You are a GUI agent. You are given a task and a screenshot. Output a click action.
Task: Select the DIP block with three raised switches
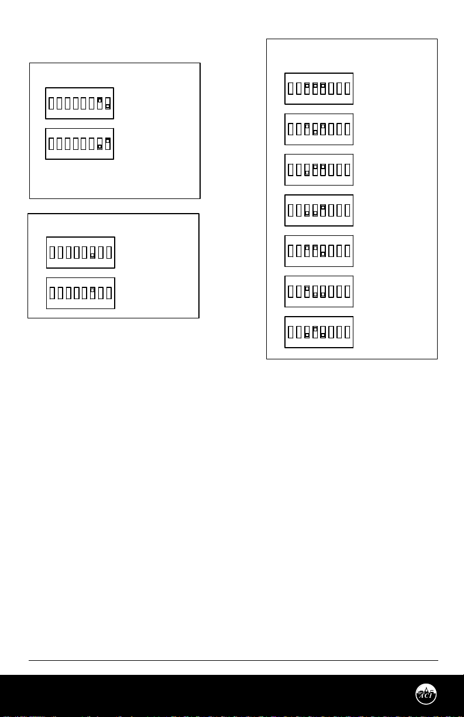pos(319,88)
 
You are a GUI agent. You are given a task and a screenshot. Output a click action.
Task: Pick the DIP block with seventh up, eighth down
pos(80,104)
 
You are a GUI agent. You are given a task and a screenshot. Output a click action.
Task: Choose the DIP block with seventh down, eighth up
pos(80,144)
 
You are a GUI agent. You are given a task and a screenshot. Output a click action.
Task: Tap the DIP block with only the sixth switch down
pos(81,252)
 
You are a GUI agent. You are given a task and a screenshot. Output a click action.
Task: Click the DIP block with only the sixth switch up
pos(81,293)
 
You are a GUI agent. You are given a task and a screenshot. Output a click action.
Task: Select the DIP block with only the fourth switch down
pos(319,129)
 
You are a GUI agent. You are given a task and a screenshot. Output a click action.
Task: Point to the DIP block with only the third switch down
pos(319,170)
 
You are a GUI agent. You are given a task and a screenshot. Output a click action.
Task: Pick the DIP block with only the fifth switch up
pos(319,210)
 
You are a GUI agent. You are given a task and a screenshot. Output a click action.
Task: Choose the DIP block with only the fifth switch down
pos(319,251)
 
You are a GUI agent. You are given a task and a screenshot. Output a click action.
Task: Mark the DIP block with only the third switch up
pos(319,291)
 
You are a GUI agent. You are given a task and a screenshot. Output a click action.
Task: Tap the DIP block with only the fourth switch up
pos(319,332)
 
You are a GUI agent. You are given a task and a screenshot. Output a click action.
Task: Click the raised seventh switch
pos(99,101)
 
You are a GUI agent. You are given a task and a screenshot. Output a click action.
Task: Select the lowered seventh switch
pos(99,146)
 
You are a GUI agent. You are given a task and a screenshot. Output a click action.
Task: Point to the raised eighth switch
pos(108,141)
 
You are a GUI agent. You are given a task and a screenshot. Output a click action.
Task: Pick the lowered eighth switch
pos(108,107)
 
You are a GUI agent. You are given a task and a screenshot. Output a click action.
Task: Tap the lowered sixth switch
pos(92,255)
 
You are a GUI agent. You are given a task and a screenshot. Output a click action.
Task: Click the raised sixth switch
pos(92,290)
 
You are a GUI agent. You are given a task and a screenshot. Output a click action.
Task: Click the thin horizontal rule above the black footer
pos(234,661)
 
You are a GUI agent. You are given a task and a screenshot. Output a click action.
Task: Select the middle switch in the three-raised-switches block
pos(315,86)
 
